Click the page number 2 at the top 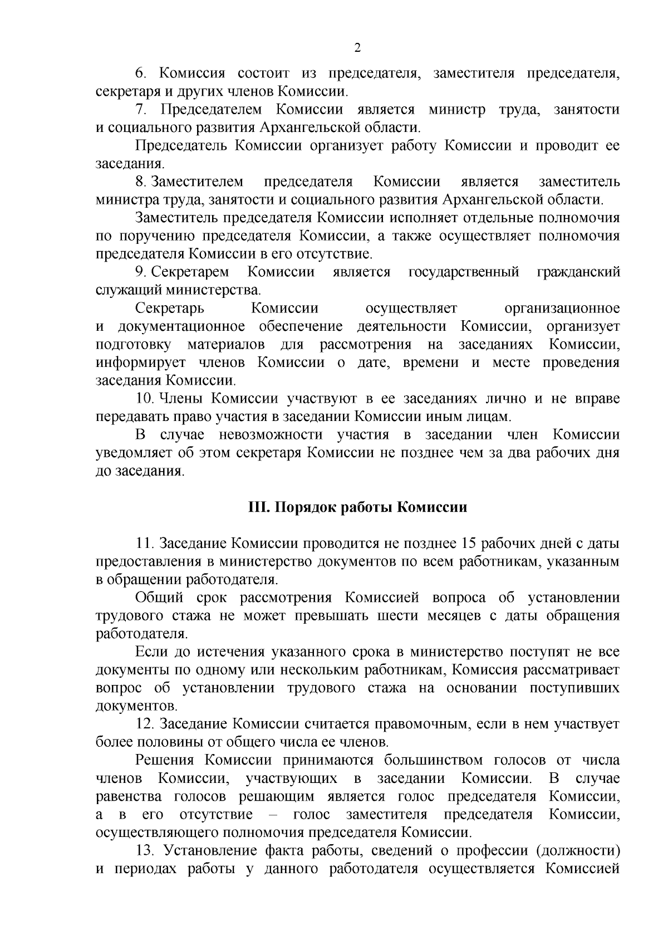(357, 48)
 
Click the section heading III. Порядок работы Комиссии (357, 507)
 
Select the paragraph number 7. (140, 110)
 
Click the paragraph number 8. (140, 182)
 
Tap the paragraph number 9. (140, 272)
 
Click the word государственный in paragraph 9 (464, 272)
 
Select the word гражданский (578, 272)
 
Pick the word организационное (562, 309)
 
